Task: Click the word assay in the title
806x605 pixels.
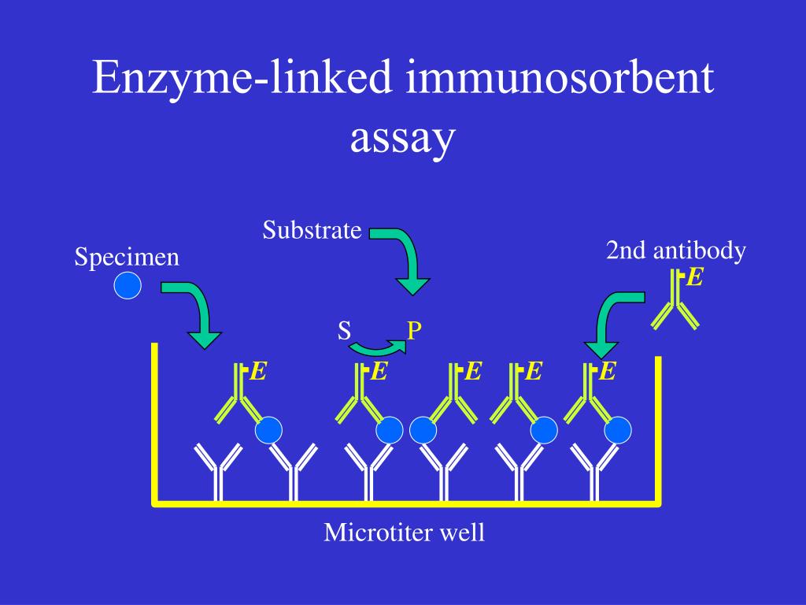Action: (x=402, y=139)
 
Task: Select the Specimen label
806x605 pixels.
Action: (x=127, y=257)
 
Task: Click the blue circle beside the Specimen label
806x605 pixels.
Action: (x=127, y=285)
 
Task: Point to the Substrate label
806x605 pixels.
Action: (x=312, y=230)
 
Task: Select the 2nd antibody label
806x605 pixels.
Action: (x=675, y=251)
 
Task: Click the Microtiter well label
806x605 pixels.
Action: (x=404, y=533)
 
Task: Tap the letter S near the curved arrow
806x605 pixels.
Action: (x=344, y=330)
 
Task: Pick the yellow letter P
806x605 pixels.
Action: (x=414, y=330)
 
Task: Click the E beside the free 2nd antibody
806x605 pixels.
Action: (x=694, y=277)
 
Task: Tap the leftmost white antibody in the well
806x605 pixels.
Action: (x=216, y=471)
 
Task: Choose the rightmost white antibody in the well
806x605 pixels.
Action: (x=596, y=471)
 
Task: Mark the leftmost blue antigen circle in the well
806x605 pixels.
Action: (x=268, y=430)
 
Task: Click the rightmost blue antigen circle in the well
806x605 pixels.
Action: (x=618, y=430)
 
